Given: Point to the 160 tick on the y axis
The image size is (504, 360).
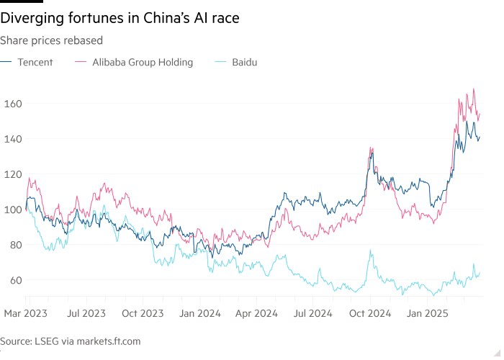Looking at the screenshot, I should [12, 104].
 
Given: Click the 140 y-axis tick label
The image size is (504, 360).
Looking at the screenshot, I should [12, 139].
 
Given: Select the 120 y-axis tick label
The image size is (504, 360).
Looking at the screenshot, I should [12, 174].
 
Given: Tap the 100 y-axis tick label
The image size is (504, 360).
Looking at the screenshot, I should [12, 210].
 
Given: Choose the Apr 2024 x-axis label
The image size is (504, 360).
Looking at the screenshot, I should [257, 315].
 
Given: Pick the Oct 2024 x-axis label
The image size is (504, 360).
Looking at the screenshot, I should [370, 315].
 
